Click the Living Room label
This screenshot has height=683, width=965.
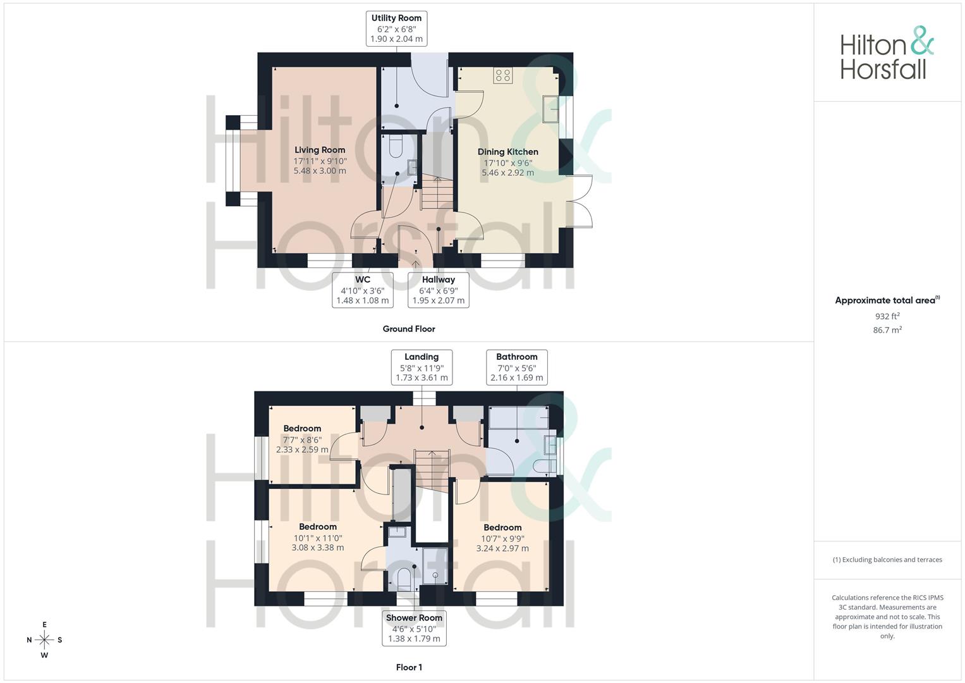(320, 150)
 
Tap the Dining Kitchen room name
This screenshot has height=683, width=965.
(508, 152)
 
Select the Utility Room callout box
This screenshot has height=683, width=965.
(397, 28)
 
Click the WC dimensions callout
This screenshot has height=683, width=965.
(363, 290)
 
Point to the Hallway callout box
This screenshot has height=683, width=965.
(439, 290)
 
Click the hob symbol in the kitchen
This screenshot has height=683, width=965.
(503, 75)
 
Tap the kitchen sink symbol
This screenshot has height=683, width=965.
(550, 109)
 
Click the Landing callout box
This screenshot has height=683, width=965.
(422, 367)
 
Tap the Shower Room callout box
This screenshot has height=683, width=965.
(414, 628)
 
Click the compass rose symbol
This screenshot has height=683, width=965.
(44, 640)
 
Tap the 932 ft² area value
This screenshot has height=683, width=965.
(887, 316)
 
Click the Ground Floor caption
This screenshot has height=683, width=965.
(409, 329)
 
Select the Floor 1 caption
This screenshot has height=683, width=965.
(409, 667)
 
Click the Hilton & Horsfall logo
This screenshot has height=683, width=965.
(887, 53)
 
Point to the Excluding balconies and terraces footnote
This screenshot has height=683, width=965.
(887, 560)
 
